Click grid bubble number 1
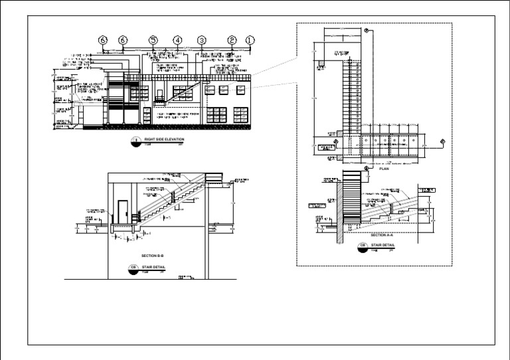250,41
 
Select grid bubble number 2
232,41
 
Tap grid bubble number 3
201,41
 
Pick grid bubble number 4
177,41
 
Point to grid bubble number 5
153,41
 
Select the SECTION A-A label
382,235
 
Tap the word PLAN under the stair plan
382,169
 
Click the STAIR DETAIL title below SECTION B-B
153,267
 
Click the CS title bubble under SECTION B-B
133,268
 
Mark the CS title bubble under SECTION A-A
363,246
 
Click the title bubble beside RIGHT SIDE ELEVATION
135,140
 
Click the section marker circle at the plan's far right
443,141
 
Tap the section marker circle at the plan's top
367,31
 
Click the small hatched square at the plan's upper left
321,66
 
